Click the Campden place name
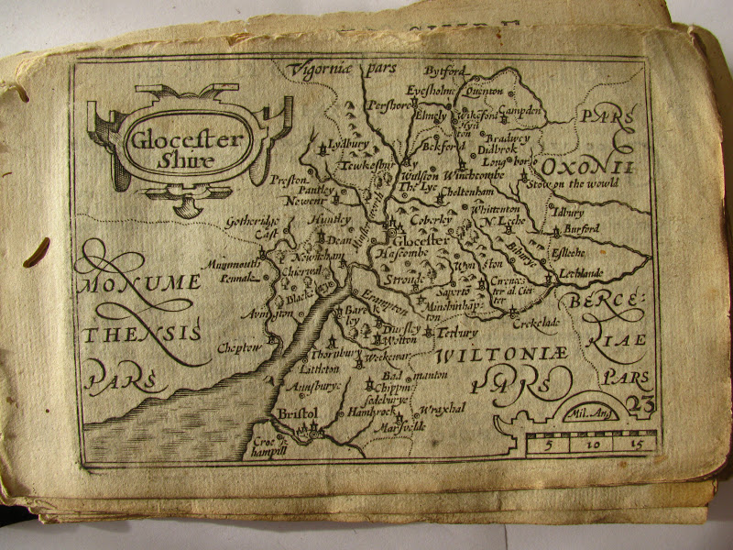click(520, 112)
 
